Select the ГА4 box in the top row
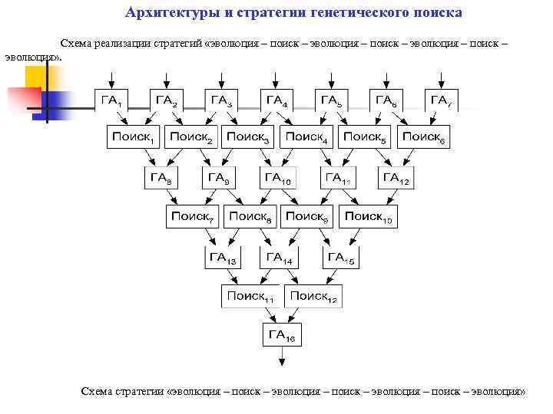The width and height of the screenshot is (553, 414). point(276,100)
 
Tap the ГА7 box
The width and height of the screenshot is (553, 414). point(441,100)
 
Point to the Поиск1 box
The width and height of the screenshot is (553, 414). point(134,137)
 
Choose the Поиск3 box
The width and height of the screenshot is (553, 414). point(249,137)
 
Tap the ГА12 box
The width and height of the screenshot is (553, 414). point(396,179)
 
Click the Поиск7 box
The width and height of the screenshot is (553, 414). point(192,217)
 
